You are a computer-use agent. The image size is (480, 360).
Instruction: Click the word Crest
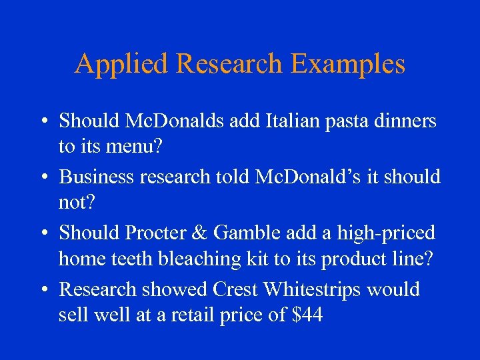(x=236, y=290)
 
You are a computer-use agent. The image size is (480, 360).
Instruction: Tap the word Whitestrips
(x=313, y=290)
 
